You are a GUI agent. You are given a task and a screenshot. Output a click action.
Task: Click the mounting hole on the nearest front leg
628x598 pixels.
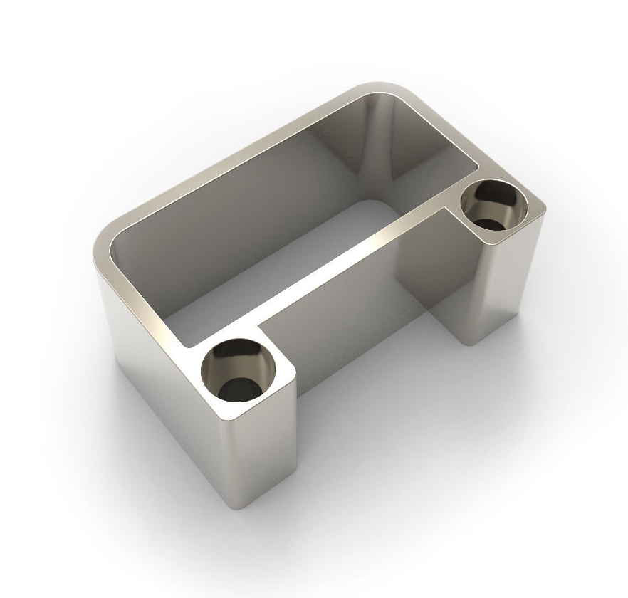239,370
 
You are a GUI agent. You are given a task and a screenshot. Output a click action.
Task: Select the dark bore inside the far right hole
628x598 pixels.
491,221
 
